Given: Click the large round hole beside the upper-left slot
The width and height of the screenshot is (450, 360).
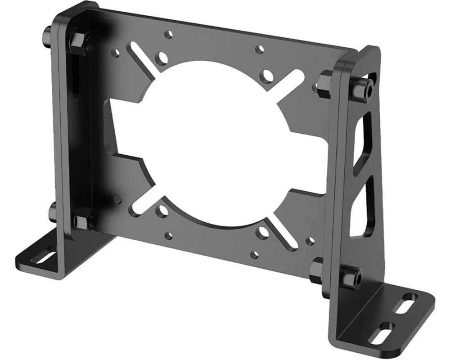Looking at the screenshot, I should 160,57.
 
